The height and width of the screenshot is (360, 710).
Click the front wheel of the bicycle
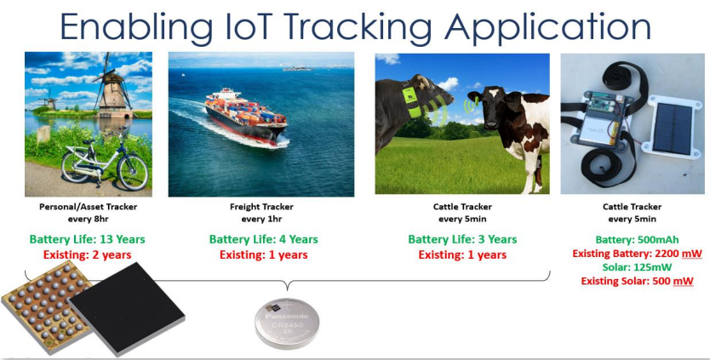[x=133, y=172]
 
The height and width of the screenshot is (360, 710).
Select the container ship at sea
[x=246, y=117]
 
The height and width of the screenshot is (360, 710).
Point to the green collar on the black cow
[x=412, y=102]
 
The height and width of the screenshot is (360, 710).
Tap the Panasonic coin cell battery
[x=287, y=323]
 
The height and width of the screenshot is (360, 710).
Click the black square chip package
[x=127, y=308]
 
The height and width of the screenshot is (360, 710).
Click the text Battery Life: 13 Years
[x=88, y=239]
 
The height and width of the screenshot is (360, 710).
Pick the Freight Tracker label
[x=261, y=207]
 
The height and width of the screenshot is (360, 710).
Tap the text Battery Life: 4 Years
[x=264, y=239]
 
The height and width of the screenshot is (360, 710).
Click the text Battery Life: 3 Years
[x=462, y=239]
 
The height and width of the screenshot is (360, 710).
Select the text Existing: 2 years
[x=88, y=254]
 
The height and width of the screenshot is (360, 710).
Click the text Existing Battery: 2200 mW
[x=637, y=254]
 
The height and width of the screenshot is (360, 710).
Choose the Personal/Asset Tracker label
[x=89, y=207]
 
